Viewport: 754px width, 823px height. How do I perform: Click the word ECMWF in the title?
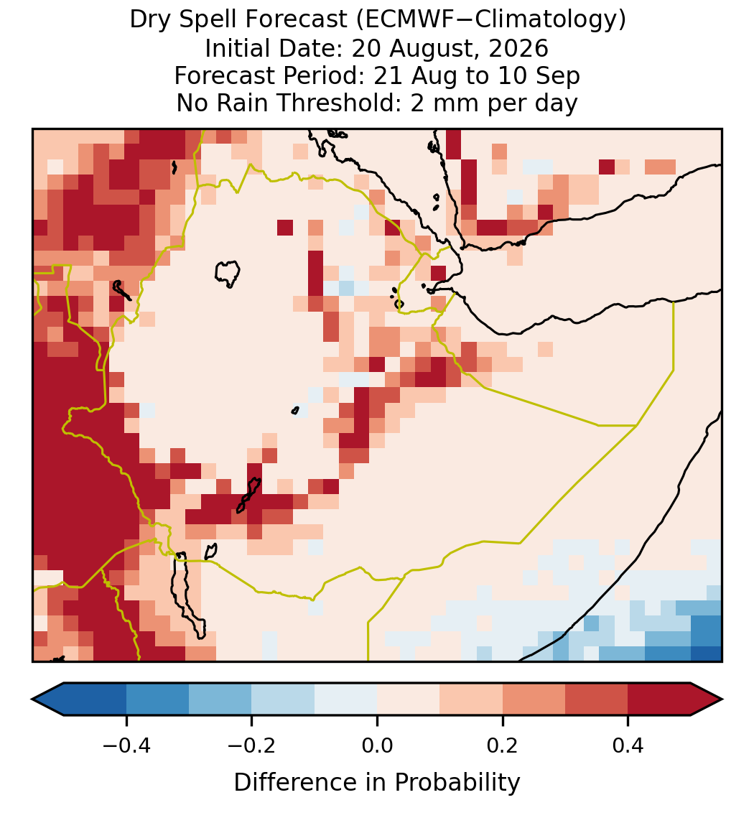click(402, 20)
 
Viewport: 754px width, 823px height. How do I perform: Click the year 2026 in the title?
click(518, 48)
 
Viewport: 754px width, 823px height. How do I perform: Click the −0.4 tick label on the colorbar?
click(126, 745)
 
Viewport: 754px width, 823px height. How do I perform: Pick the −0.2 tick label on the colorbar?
click(252, 745)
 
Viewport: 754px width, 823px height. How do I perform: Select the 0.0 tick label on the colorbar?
click(377, 745)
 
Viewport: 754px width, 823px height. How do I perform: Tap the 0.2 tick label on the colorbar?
click(503, 745)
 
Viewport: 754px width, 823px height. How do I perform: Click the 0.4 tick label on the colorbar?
click(628, 745)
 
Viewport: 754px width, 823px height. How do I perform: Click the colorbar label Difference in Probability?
click(377, 783)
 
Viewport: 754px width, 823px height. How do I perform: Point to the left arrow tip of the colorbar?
click(32, 699)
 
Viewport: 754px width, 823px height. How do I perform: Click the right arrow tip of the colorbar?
click(722, 699)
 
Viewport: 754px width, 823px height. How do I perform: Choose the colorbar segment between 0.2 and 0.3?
click(534, 699)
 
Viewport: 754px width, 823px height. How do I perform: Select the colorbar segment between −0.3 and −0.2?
click(220, 699)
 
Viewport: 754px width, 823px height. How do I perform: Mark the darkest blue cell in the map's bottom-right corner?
click(707, 654)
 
